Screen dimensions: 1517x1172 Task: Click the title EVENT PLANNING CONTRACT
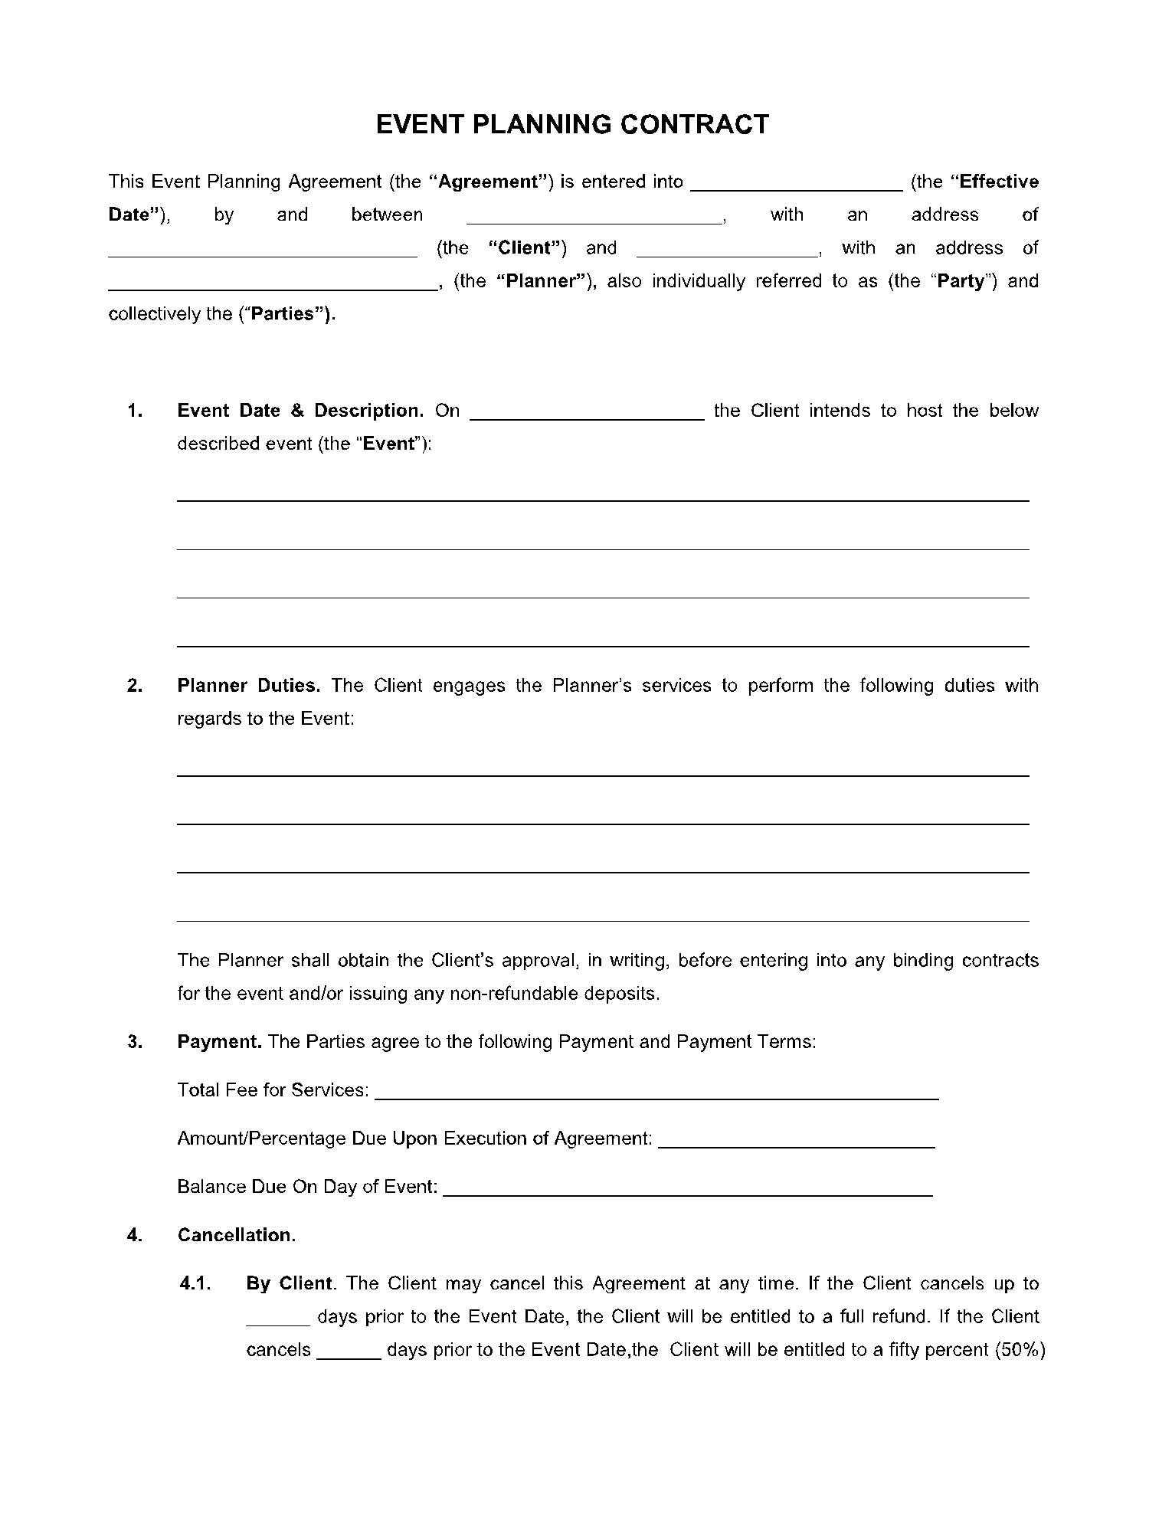click(572, 124)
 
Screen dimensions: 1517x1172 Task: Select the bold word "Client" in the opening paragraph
click(527, 247)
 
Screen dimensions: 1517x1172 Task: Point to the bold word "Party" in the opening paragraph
click(961, 281)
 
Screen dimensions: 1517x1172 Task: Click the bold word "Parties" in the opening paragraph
click(284, 314)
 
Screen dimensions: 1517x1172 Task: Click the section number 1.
click(135, 411)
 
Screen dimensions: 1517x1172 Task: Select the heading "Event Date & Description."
click(300, 411)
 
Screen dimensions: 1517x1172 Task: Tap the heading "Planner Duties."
click(249, 686)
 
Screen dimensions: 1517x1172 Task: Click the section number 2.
click(135, 686)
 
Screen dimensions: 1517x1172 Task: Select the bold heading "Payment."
click(220, 1042)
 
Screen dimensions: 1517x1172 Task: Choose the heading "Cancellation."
click(237, 1235)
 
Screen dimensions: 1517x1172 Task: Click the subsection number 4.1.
click(195, 1283)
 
